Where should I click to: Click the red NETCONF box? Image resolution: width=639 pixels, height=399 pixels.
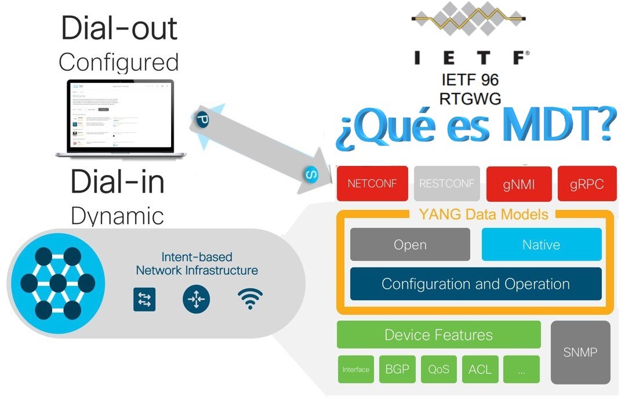372,184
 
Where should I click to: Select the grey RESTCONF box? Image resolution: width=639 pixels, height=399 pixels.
446,184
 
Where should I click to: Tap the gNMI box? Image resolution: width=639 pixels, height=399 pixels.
518,184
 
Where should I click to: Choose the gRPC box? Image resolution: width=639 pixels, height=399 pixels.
587,184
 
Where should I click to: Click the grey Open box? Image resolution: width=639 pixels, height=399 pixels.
410,244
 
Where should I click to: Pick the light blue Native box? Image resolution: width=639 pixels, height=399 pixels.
541,244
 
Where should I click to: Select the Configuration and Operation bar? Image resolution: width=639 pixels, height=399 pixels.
475,284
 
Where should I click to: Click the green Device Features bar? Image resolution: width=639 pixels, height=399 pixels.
438,335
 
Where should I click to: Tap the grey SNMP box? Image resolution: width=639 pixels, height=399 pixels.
580,352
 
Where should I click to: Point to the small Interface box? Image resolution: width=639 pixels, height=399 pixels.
355,369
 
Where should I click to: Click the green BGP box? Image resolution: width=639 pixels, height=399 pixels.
397,369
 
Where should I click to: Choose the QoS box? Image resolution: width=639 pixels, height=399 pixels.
438,369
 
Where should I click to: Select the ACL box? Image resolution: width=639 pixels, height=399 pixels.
480,369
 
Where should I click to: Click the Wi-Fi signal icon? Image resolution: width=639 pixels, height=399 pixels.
250,299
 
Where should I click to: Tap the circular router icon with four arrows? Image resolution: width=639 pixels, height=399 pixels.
196,299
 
